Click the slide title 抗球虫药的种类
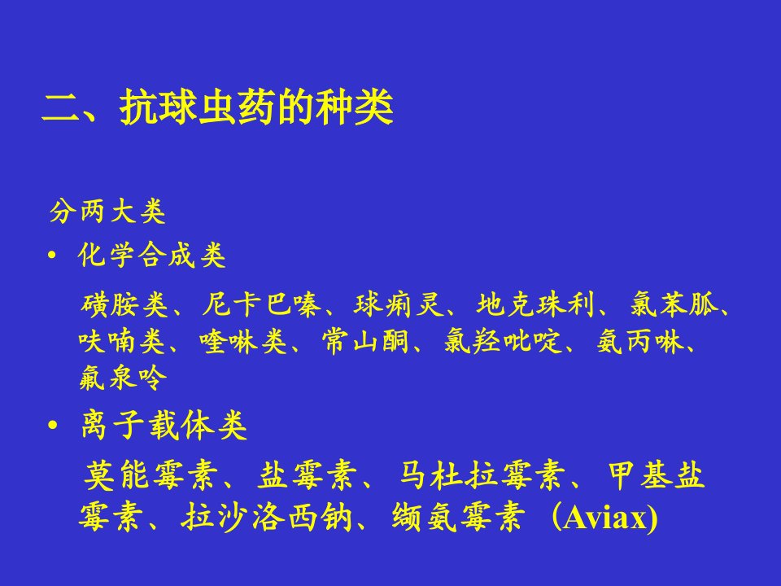256,107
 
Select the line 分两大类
107,212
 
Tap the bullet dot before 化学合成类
52,255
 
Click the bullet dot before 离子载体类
53,426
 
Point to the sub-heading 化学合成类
151,255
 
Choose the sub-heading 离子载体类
164,425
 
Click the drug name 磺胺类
124,304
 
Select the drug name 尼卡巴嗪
261,304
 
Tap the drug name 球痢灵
399,304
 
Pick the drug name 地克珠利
535,304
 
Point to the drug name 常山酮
365,341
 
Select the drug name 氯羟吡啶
503,341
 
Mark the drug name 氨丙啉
640,341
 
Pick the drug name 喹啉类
243,341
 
